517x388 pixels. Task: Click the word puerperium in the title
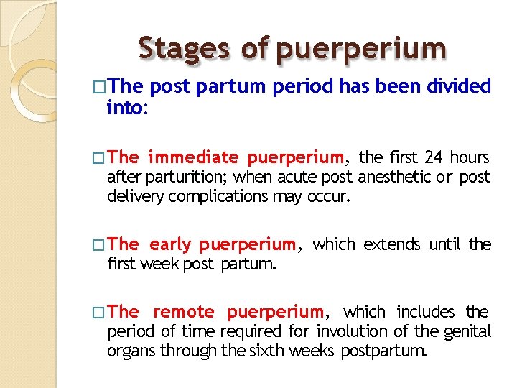[x=360, y=49]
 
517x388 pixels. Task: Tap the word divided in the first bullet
[x=458, y=87]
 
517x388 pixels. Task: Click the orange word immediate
[x=194, y=157]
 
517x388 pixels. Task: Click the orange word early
[x=170, y=245]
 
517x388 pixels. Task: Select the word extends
[x=393, y=245]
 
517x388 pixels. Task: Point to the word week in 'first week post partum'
[x=160, y=264]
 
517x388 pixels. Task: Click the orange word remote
[x=183, y=312]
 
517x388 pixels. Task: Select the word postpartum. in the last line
[x=384, y=351]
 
